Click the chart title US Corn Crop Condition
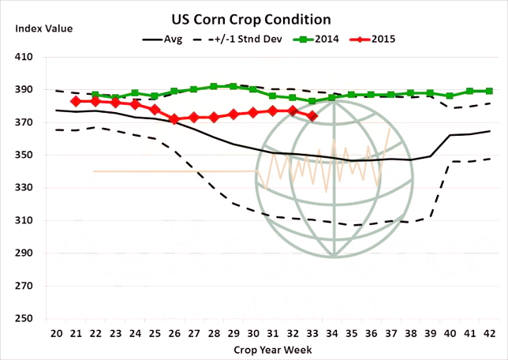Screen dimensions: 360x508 (x=252, y=17)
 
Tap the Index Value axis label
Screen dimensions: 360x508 (x=43, y=28)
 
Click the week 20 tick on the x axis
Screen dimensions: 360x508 (x=56, y=332)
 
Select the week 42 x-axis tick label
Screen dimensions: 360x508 (x=490, y=332)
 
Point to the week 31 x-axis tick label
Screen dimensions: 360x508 (x=273, y=332)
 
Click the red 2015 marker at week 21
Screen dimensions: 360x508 (x=76, y=101)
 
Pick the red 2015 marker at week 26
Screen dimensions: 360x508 (x=174, y=119)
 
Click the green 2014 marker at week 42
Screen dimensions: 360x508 (x=490, y=91)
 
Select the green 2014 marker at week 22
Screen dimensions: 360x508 (x=95, y=96)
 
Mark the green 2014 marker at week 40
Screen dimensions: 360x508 (x=450, y=96)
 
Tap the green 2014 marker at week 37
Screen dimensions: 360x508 (x=391, y=95)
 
